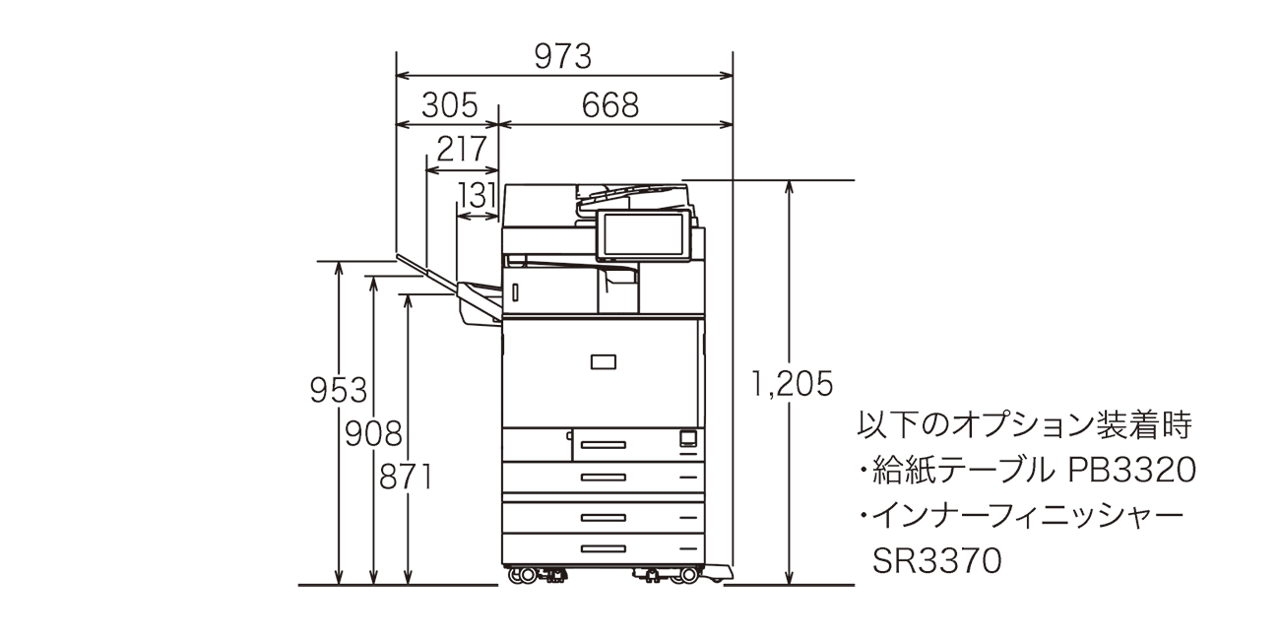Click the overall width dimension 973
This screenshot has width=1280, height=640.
pyautogui.click(x=563, y=57)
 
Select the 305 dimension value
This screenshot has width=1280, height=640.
pyautogui.click(x=449, y=104)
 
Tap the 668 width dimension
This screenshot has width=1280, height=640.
pyautogui.click(x=609, y=104)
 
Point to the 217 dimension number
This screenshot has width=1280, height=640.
pyautogui.click(x=461, y=150)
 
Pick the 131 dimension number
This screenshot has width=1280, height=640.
pyautogui.click(x=478, y=195)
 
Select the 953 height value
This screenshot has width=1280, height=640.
pyautogui.click(x=338, y=391)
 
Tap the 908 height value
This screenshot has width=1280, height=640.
pyautogui.click(x=372, y=433)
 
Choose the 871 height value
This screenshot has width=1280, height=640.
pyautogui.click(x=406, y=477)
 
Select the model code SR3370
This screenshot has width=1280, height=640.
pyautogui.click(x=936, y=560)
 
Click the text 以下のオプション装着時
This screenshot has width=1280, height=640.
pyautogui.click(x=1025, y=426)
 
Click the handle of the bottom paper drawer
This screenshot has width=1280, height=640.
pyautogui.click(x=603, y=548)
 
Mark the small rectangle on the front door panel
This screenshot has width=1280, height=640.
pyautogui.click(x=603, y=361)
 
